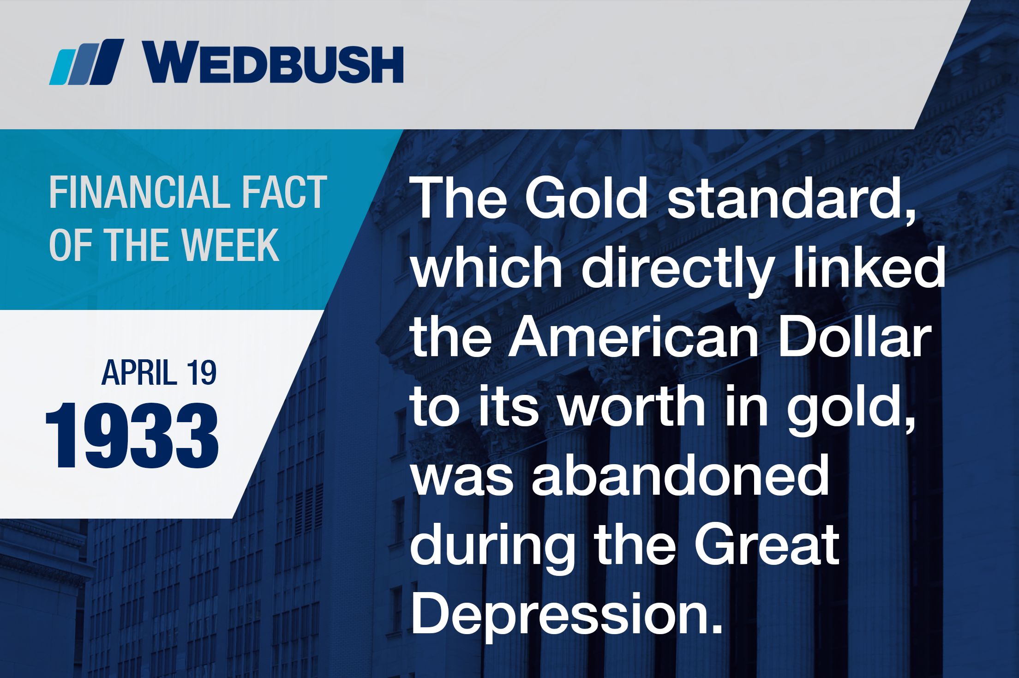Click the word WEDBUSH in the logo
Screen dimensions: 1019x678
(x=273, y=61)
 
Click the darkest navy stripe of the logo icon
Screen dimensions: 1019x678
(x=107, y=62)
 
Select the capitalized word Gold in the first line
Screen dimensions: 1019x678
(x=586, y=198)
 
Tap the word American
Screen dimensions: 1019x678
(x=633, y=337)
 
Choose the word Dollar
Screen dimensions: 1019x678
(x=855, y=337)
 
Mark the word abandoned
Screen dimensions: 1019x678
(x=681, y=475)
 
